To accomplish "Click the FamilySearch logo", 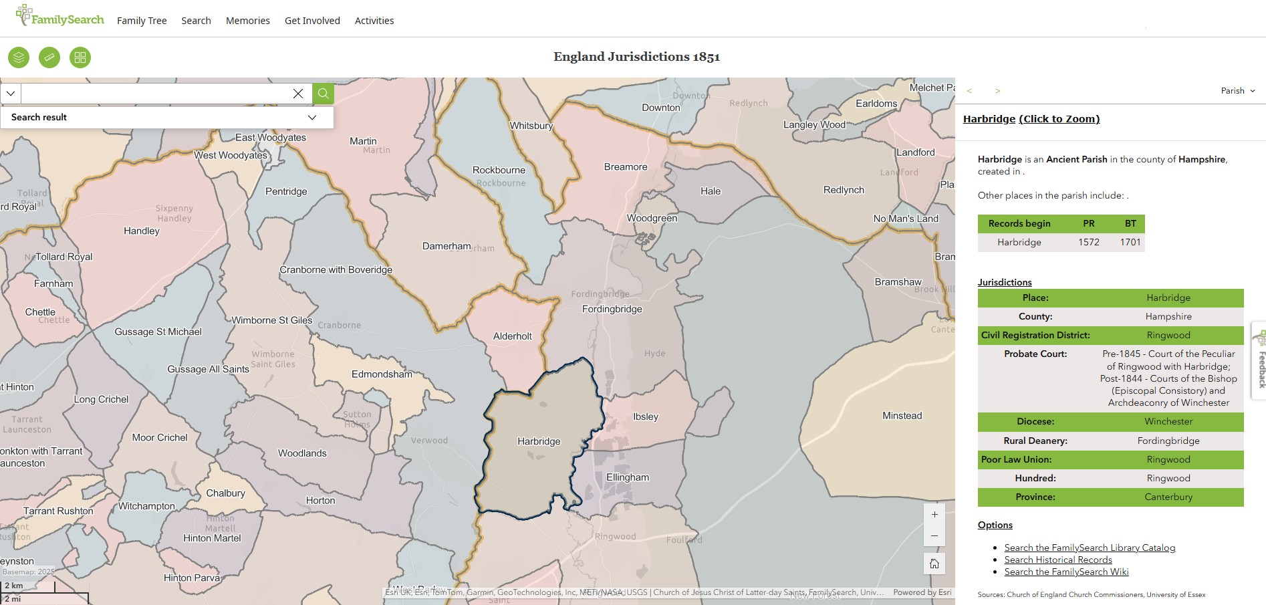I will pos(60,16).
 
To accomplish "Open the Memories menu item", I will pos(248,21).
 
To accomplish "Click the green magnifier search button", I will pos(324,94).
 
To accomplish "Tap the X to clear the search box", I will pos(298,94).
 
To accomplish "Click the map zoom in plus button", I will pos(934,515).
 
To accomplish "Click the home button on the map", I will pos(934,564).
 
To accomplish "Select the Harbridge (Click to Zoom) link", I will pos(1031,119).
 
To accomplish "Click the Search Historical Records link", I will pos(1058,560).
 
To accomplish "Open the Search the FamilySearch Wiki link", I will pos(1066,572).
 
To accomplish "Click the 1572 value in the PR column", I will pos(1088,242).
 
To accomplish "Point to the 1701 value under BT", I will pos(1130,242).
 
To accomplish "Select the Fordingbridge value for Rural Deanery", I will pos(1168,441).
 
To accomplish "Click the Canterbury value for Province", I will pos(1168,497).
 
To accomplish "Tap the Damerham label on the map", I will pos(447,246).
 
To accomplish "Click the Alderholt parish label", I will pos(513,336).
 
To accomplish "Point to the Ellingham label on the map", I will pos(627,477).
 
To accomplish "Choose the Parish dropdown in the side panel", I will pos(1237,91).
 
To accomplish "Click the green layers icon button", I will pos(19,57).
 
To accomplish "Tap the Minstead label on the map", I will pos(902,416).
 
